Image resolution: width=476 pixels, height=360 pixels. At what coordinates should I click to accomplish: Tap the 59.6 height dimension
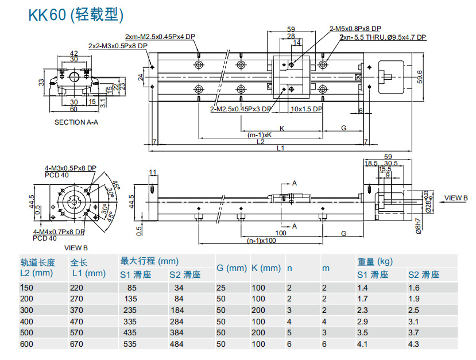(x=420, y=75)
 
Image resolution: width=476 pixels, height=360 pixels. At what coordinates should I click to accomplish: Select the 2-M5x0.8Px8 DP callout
(x=355, y=28)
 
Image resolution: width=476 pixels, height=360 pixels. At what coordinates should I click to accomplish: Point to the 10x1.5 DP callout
(x=307, y=109)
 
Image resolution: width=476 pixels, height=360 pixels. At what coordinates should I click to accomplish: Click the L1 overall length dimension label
(x=280, y=148)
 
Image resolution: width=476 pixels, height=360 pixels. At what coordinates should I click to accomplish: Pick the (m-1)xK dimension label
(x=260, y=135)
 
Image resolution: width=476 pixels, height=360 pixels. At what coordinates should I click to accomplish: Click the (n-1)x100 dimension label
(x=261, y=241)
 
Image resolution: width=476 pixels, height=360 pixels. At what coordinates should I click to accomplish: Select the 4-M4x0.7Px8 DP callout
(x=60, y=232)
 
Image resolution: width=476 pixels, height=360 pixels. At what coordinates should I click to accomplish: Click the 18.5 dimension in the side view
(x=371, y=164)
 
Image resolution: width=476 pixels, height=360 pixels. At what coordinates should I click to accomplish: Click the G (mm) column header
(x=231, y=268)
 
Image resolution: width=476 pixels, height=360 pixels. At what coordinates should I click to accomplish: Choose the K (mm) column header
(x=266, y=268)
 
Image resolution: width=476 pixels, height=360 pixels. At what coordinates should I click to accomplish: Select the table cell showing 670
(x=78, y=344)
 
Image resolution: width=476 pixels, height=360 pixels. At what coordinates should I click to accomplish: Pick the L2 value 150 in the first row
(x=27, y=288)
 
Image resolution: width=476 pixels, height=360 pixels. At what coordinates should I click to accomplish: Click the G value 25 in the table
(x=220, y=288)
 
